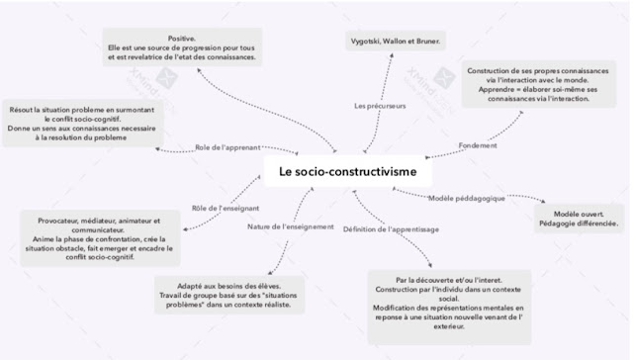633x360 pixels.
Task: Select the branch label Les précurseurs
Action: (x=377, y=105)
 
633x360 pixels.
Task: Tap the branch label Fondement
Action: (x=478, y=145)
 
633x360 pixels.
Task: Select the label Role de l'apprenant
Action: (x=227, y=146)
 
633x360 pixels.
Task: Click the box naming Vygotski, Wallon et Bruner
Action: (x=397, y=42)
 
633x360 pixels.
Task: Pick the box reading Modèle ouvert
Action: (x=579, y=218)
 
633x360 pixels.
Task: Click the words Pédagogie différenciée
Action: (x=579, y=224)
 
